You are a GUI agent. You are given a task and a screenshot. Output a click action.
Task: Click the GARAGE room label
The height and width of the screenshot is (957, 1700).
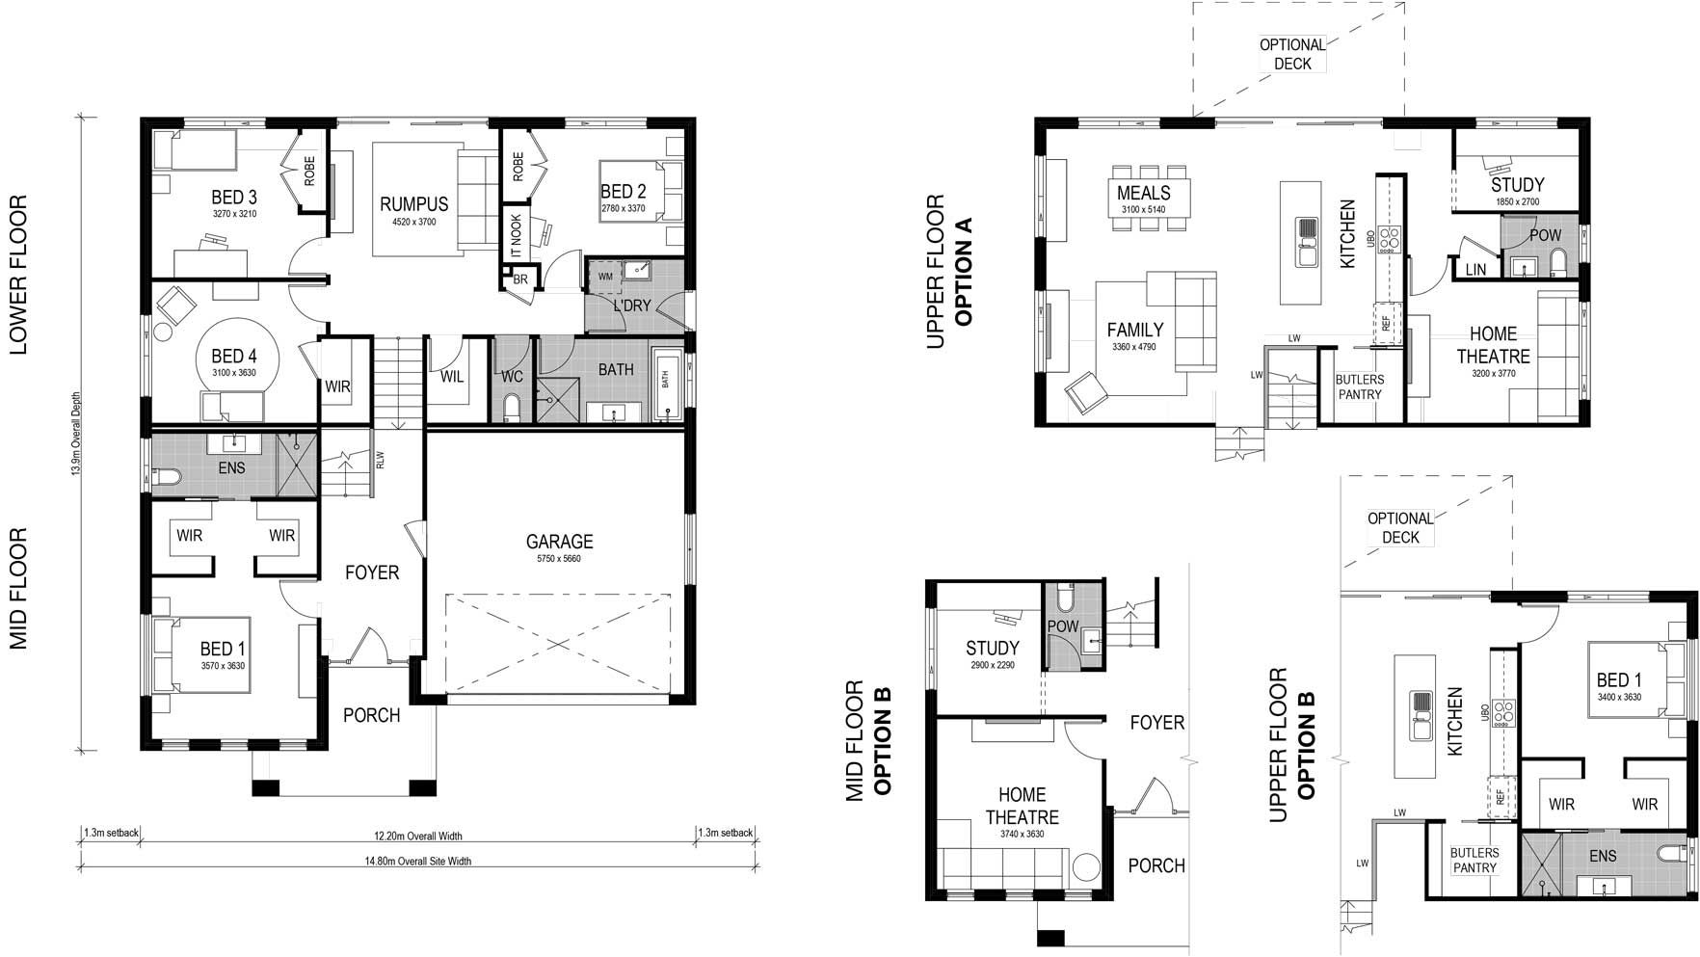[559, 543]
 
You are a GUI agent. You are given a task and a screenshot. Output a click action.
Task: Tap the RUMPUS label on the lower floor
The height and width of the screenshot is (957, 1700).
[413, 204]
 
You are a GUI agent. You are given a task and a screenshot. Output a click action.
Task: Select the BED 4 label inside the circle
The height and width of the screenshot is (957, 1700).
[233, 357]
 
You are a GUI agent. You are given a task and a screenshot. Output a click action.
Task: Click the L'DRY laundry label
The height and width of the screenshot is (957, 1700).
[632, 306]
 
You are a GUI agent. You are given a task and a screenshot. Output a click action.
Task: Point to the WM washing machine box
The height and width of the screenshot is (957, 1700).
[605, 277]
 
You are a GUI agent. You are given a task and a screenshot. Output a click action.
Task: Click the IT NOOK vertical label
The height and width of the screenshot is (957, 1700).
[516, 235]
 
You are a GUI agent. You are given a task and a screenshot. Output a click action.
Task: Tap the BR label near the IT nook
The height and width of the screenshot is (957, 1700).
[520, 279]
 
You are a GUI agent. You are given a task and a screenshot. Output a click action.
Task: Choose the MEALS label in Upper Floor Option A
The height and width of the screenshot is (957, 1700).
[1143, 193]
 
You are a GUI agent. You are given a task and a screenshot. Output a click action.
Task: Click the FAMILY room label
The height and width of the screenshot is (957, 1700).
[1134, 330]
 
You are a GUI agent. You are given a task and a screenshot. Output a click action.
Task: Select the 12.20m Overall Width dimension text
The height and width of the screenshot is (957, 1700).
[418, 836]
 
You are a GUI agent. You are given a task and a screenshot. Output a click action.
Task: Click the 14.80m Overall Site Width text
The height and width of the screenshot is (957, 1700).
[418, 862]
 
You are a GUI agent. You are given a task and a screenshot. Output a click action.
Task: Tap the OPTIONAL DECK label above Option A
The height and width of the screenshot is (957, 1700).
[1292, 54]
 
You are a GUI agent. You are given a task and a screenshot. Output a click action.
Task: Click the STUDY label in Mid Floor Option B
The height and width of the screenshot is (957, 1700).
[992, 649]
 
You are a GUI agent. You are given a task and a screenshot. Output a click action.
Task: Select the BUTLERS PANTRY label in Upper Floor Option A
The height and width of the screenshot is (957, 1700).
[1359, 386]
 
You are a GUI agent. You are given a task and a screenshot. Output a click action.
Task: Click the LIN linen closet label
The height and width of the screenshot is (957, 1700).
[1475, 271]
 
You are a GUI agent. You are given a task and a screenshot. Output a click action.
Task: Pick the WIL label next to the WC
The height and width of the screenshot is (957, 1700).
[452, 377]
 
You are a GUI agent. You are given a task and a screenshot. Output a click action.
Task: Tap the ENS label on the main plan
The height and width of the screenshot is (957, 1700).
[231, 468]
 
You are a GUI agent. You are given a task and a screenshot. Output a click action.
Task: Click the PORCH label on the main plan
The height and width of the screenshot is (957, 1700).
[371, 715]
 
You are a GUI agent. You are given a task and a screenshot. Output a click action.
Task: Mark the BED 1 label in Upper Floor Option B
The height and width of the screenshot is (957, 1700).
[1618, 680]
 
